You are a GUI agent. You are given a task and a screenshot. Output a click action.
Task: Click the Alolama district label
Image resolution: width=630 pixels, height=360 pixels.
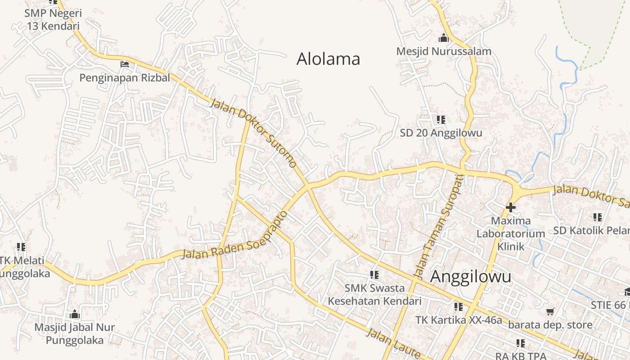(x=328, y=59)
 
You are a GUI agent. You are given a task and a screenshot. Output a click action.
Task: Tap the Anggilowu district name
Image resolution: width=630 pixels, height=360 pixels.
(x=471, y=277)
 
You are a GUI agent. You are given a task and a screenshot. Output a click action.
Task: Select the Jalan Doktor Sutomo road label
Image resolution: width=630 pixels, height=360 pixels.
(x=253, y=133)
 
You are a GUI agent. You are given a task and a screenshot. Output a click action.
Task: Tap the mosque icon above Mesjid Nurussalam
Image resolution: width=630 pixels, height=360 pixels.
(x=444, y=38)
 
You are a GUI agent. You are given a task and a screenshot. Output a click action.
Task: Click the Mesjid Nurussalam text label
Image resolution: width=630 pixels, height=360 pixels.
(x=444, y=51)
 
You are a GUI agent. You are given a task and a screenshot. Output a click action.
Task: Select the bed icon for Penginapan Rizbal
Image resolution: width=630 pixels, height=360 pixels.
(x=125, y=64)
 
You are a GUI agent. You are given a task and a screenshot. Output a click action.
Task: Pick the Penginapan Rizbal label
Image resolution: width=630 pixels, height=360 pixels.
(x=125, y=78)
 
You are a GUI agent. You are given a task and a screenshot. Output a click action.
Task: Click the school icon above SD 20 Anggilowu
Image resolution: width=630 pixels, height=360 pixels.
(x=441, y=120)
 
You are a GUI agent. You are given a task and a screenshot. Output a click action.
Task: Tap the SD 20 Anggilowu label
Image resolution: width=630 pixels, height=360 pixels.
(x=441, y=133)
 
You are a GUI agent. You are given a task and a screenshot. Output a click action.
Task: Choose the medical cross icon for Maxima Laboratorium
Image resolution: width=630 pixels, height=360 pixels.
(x=511, y=207)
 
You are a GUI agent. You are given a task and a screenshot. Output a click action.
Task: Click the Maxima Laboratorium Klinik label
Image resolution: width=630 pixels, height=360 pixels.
(x=511, y=234)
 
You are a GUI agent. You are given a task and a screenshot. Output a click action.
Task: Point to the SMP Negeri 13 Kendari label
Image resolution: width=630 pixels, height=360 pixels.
(x=53, y=19)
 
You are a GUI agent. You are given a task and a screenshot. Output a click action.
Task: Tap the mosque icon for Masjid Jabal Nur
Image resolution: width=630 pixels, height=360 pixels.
(x=75, y=314)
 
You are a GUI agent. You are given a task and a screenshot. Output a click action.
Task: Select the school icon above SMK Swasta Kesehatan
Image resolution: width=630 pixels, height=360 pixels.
(x=374, y=274)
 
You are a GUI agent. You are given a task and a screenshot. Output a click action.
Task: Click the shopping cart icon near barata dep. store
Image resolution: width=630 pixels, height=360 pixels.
(x=550, y=311)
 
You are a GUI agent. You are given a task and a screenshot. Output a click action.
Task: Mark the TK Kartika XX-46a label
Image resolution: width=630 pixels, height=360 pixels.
(x=458, y=320)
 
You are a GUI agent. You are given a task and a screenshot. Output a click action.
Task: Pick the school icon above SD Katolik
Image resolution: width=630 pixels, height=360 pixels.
(x=598, y=217)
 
